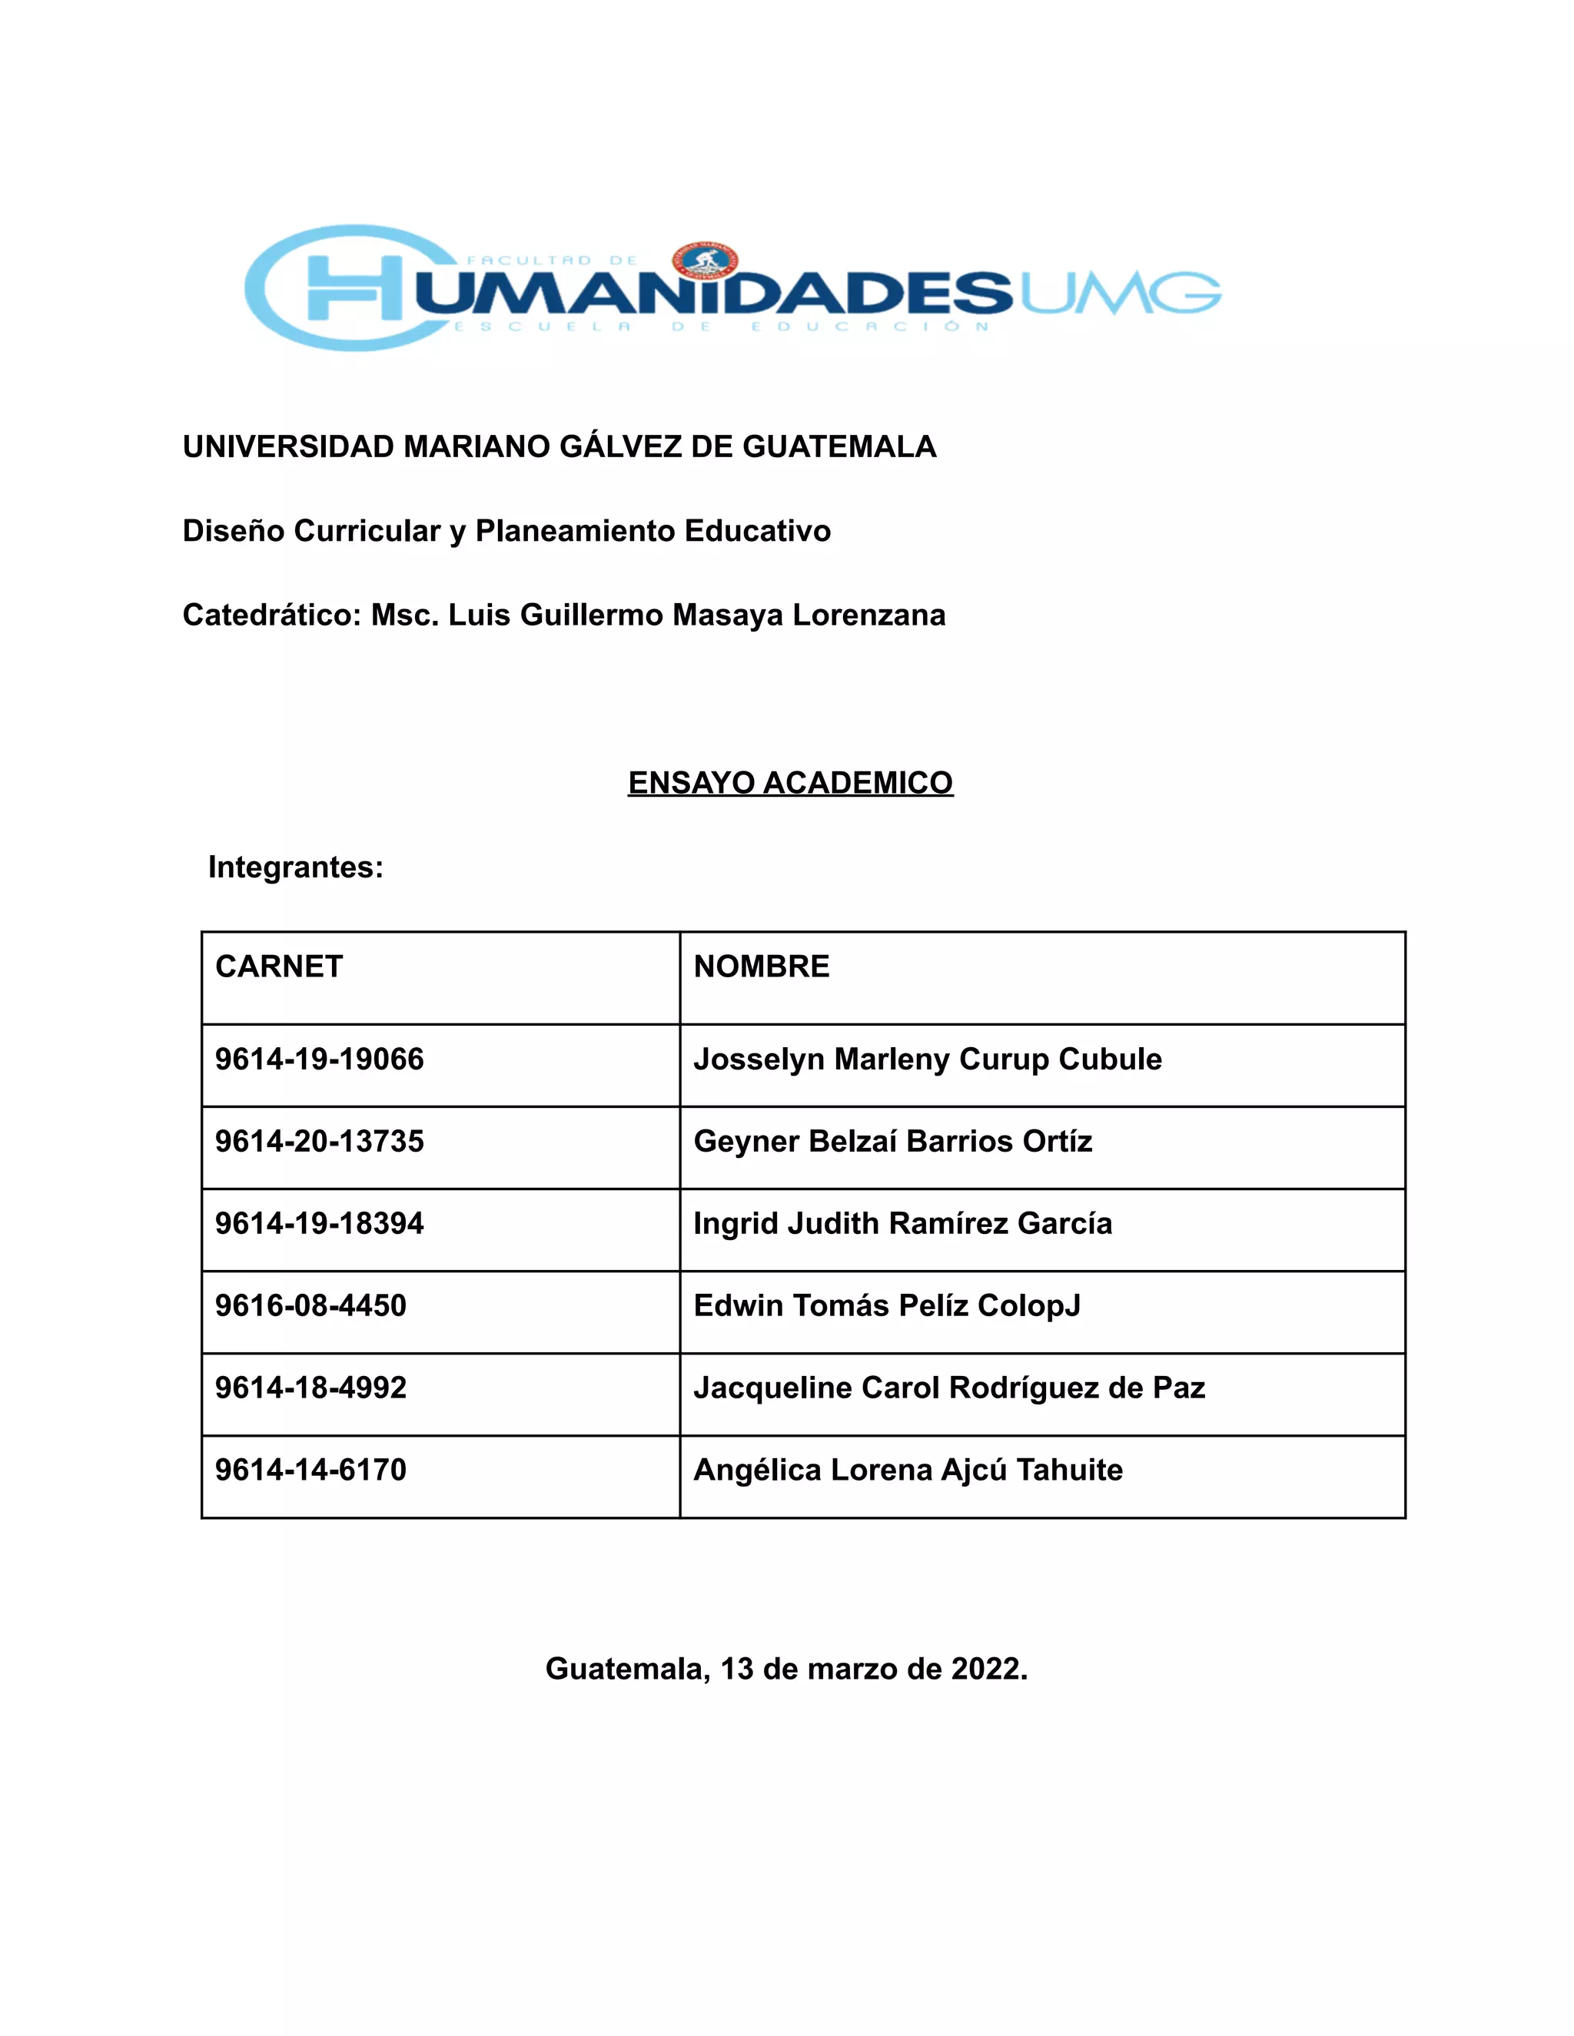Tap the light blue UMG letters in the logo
click(x=1119, y=293)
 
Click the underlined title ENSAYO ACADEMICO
click(x=790, y=783)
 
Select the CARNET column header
click(x=279, y=967)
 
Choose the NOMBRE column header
click(x=761, y=967)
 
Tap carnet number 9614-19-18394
click(x=319, y=1224)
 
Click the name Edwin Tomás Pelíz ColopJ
click(x=887, y=1306)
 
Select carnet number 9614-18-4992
click(x=310, y=1388)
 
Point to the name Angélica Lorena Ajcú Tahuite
click(x=908, y=1470)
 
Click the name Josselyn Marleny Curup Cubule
click(x=927, y=1060)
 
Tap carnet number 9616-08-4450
click(x=310, y=1306)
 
